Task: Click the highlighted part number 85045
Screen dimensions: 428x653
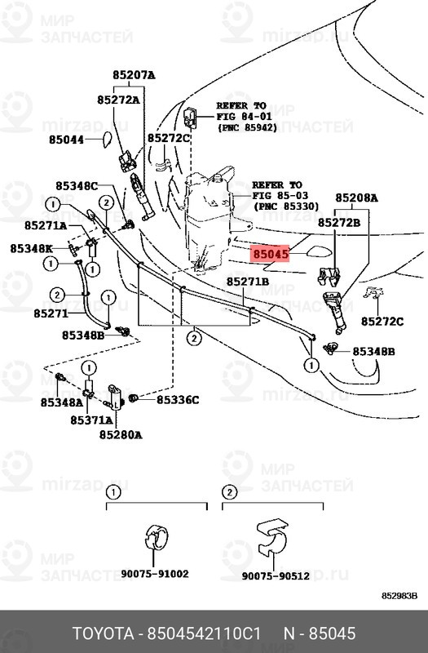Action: coord(271,253)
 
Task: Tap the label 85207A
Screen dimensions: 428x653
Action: coord(134,75)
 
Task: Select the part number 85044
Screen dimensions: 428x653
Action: coord(67,140)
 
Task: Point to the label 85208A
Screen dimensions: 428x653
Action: coord(357,198)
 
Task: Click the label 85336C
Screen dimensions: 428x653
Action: coord(178,400)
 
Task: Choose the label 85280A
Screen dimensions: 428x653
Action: coord(121,435)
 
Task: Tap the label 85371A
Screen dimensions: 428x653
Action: coord(91,420)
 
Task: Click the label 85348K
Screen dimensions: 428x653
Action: coord(32,249)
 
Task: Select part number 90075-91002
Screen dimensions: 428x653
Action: coord(155,574)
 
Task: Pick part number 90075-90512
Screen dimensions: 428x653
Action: coord(276,576)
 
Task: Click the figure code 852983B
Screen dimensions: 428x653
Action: coord(399,596)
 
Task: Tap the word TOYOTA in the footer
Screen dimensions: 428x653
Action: coord(104,633)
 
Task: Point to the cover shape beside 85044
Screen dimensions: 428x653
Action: coord(108,140)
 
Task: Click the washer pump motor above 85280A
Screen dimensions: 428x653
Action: coord(116,398)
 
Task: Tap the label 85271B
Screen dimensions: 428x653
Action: coord(248,282)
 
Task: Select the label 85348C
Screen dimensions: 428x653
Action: coord(77,186)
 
